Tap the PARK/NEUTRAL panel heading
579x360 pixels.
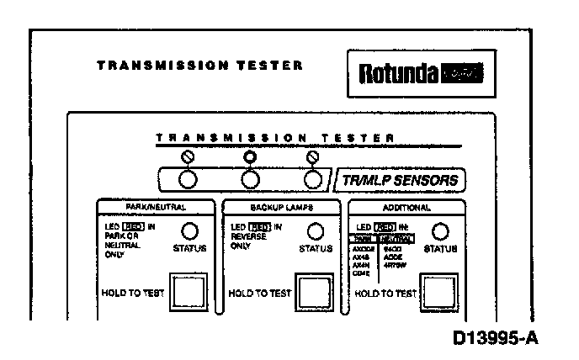click(x=158, y=206)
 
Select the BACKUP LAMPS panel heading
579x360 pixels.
click(x=280, y=206)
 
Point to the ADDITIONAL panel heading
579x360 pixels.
click(x=406, y=206)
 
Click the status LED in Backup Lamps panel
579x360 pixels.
click(x=315, y=231)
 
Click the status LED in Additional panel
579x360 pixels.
click(x=440, y=231)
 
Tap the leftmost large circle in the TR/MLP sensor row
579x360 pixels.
click(x=188, y=179)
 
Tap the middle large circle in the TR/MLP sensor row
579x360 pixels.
click(x=250, y=179)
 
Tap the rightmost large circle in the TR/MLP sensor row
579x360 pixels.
click(x=313, y=179)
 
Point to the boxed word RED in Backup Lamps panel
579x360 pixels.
click(x=260, y=226)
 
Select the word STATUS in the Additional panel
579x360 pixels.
click(x=440, y=249)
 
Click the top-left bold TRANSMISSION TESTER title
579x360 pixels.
click(x=199, y=65)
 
